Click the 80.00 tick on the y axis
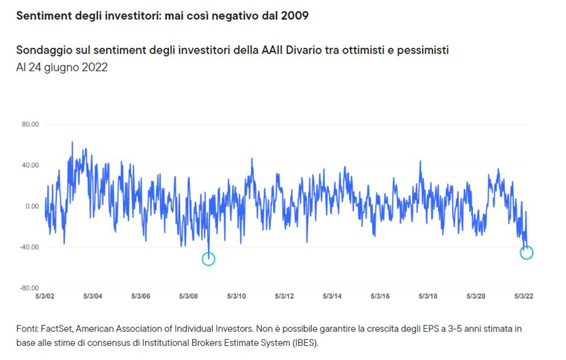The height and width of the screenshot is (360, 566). click(31, 124)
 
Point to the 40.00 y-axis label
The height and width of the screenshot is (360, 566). click(31, 165)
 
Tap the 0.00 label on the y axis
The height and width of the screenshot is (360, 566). click(32, 206)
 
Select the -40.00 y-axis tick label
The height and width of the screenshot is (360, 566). click(29, 247)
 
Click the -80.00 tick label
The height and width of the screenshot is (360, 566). click(29, 288)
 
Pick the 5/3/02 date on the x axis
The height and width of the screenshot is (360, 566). click(45, 296)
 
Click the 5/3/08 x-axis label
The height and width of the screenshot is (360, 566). click(188, 296)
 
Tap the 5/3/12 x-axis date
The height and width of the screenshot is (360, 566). click(284, 296)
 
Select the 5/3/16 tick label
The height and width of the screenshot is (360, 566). click(380, 296)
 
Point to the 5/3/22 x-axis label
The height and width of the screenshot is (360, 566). click(523, 296)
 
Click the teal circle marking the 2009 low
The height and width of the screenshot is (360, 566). click(208, 259)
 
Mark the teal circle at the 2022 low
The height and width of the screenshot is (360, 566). click(526, 252)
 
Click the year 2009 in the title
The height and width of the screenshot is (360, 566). click(295, 15)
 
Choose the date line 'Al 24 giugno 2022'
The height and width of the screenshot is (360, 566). click(62, 67)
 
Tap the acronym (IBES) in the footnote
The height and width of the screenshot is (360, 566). click(303, 342)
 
